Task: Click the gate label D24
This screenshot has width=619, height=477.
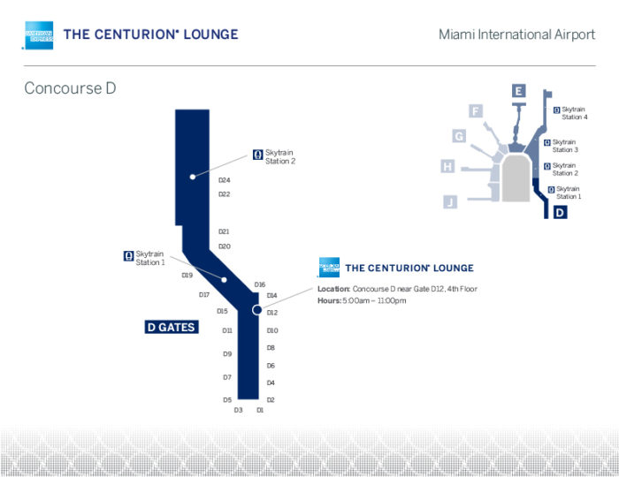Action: click(225, 180)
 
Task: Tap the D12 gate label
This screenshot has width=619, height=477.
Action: click(272, 313)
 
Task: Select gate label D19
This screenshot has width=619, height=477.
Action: click(187, 276)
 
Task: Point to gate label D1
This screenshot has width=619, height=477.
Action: click(260, 410)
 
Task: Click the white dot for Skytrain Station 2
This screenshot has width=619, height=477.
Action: click(193, 177)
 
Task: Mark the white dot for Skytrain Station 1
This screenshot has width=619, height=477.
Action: click(224, 280)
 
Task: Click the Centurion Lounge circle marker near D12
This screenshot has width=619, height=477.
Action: click(257, 310)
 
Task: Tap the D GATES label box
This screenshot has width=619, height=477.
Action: click(172, 327)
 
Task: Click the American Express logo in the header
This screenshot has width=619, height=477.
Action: click(38, 35)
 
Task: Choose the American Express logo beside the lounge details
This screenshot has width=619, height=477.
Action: click(329, 268)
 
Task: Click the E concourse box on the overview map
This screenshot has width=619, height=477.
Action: click(518, 91)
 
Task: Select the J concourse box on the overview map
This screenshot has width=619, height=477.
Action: click(450, 201)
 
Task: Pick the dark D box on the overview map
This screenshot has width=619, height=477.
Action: click(560, 213)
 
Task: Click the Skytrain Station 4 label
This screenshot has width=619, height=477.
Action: click(575, 113)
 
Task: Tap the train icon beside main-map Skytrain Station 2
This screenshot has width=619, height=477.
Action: click(258, 155)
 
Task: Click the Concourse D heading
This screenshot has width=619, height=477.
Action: click(70, 88)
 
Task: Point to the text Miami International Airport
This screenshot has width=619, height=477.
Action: click(516, 34)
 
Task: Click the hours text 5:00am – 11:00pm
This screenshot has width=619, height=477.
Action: click(374, 301)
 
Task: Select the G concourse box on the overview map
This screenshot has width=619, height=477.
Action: click(459, 136)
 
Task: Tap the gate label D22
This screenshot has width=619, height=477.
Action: click(225, 194)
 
